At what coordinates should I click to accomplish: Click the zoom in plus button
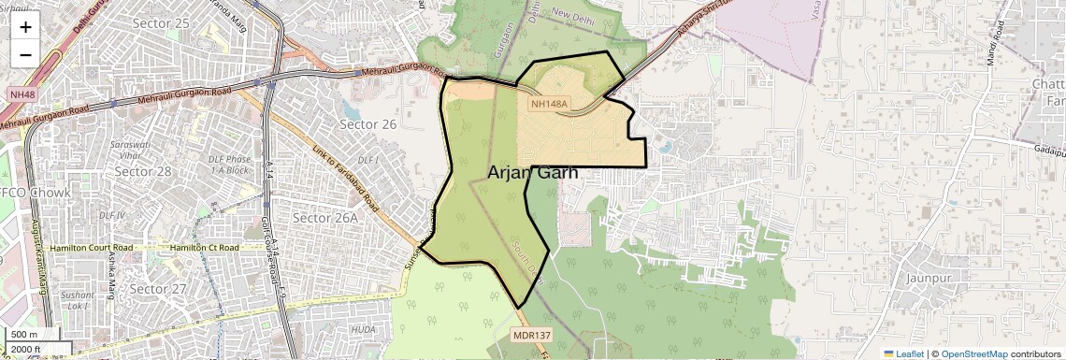[25, 27]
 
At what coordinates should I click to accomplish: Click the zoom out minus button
[25, 54]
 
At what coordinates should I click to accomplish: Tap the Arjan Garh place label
[532, 173]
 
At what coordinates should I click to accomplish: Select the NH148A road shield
[550, 105]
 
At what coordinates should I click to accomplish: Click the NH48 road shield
[22, 94]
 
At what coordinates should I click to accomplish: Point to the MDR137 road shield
[530, 335]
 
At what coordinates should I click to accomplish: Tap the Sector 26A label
[324, 218]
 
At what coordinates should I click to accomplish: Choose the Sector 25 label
[161, 22]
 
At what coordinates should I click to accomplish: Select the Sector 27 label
[158, 289]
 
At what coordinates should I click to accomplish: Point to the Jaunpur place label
[928, 278]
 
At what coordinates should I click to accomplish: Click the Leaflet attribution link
[903, 354]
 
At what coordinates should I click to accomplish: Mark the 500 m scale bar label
[24, 335]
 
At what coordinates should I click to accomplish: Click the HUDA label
[363, 329]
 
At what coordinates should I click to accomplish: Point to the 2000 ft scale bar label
[26, 349]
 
